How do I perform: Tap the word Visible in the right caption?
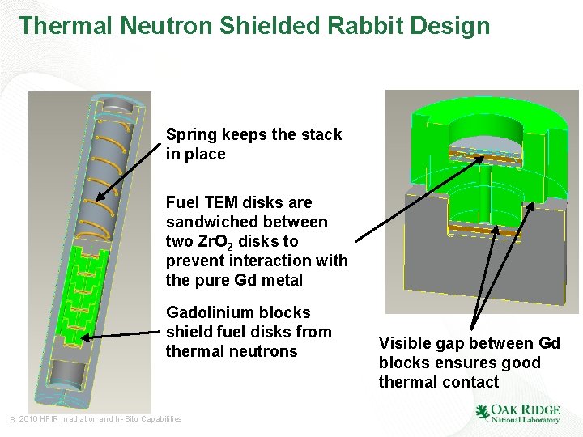406,344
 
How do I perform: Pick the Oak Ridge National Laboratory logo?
517,413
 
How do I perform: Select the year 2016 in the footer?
27,418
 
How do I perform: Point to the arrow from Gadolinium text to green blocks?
121,335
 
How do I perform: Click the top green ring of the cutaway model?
486,121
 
